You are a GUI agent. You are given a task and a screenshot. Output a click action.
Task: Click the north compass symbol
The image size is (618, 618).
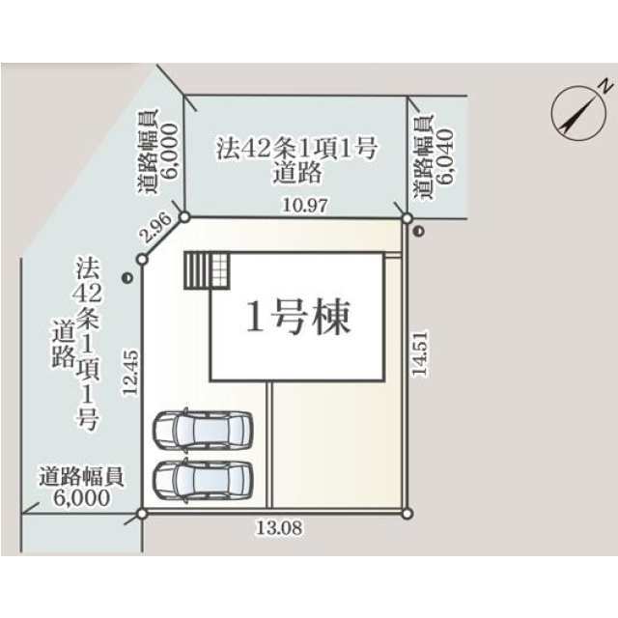[579, 112]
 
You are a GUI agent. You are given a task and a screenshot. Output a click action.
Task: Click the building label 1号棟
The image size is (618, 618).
[298, 318]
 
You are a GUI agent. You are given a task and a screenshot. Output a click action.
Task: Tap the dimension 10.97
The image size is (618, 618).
[305, 206]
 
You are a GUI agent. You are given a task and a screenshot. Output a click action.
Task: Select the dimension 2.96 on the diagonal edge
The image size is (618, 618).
[156, 228]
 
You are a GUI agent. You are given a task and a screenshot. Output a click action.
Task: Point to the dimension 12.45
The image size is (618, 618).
[130, 372]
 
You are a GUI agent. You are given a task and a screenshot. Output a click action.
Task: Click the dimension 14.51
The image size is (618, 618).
[419, 353]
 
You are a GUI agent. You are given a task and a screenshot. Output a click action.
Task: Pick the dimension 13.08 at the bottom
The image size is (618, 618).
[279, 527]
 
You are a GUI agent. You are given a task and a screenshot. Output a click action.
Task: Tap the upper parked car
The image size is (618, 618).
[203, 430]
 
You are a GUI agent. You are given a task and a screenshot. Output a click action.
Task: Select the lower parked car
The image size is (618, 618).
[203, 480]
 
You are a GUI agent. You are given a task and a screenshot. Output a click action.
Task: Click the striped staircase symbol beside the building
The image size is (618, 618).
[207, 270]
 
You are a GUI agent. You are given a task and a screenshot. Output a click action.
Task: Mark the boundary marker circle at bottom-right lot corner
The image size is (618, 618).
[407, 514]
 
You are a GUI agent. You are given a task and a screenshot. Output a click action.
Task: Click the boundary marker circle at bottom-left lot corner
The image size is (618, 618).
[142, 513]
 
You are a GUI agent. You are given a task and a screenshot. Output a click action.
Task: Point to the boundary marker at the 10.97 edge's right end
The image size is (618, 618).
[407, 218]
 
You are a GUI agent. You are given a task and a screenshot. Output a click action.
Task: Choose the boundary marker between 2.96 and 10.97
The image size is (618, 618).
[184, 217]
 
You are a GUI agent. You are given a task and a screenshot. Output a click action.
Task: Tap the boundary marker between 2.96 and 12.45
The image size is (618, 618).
[142, 260]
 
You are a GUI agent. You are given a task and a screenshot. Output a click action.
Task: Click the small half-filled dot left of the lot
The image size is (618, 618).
[127, 278]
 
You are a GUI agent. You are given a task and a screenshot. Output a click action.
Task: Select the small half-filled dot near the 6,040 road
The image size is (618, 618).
[419, 232]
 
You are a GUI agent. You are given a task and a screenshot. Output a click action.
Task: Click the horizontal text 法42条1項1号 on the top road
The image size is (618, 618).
[296, 149]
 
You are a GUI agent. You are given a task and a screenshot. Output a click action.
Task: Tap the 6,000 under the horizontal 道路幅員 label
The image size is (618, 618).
[81, 498]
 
